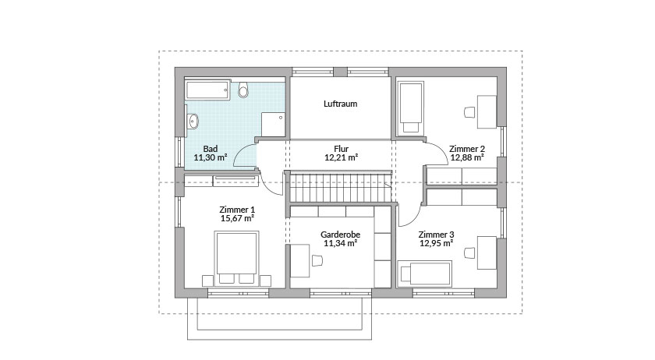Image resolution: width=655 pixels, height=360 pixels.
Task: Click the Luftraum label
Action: (x=340, y=103)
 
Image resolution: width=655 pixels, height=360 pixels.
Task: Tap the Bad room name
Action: (x=210, y=148)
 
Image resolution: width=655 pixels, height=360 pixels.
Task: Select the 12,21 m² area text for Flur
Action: (x=340, y=157)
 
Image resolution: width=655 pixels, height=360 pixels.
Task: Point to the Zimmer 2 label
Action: (x=467, y=148)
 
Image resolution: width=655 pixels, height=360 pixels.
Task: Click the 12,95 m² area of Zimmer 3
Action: (x=435, y=243)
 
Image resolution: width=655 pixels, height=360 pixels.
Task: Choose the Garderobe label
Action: (x=340, y=234)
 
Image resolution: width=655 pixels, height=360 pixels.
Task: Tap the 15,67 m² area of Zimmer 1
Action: (x=237, y=219)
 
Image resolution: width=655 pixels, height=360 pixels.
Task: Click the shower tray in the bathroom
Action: (x=272, y=124)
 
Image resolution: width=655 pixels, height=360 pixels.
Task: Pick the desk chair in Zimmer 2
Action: (x=469, y=111)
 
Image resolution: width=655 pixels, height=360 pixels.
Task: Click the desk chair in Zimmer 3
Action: (x=469, y=252)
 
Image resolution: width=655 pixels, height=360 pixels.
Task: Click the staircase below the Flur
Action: (x=340, y=187)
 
